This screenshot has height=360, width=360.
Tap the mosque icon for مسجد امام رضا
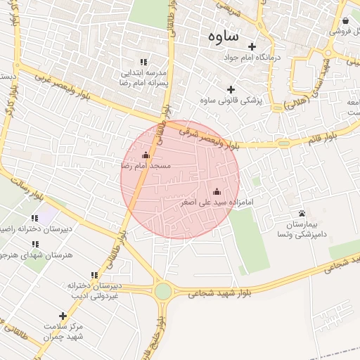tap(146, 155)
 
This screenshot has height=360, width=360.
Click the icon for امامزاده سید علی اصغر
tap(217, 191)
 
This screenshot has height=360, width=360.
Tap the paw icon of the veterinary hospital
tap(302, 212)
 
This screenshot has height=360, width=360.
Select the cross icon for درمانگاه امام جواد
tap(252, 46)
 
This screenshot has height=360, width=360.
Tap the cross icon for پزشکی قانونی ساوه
tap(231, 89)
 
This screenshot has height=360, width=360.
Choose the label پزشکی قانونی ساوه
tap(231, 101)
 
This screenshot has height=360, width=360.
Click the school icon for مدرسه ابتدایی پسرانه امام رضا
tap(143, 62)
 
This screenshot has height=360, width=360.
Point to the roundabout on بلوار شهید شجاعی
tap(164, 290)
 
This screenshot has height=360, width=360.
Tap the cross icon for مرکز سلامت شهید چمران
tap(63, 316)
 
